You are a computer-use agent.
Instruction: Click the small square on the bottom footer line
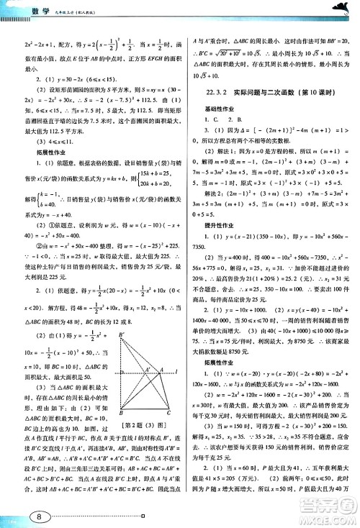pos(145,516)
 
